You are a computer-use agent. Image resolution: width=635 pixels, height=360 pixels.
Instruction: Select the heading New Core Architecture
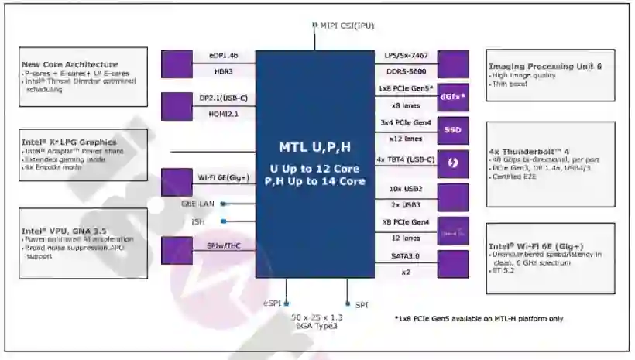point(70,64)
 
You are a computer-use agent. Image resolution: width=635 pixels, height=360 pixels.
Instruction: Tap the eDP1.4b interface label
point(222,56)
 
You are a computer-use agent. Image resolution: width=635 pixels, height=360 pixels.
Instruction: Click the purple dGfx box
point(452,97)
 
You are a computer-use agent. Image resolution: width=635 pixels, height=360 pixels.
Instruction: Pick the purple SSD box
point(452,130)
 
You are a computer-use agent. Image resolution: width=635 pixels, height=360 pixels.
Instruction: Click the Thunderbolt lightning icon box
point(452,164)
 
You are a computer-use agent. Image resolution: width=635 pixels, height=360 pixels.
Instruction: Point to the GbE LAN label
point(198,204)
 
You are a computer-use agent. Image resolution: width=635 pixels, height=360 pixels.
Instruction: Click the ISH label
point(198,221)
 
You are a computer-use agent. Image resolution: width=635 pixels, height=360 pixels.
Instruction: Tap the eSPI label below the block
point(271,305)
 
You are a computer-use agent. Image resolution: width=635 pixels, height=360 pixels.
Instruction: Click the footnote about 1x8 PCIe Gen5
point(479,318)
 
